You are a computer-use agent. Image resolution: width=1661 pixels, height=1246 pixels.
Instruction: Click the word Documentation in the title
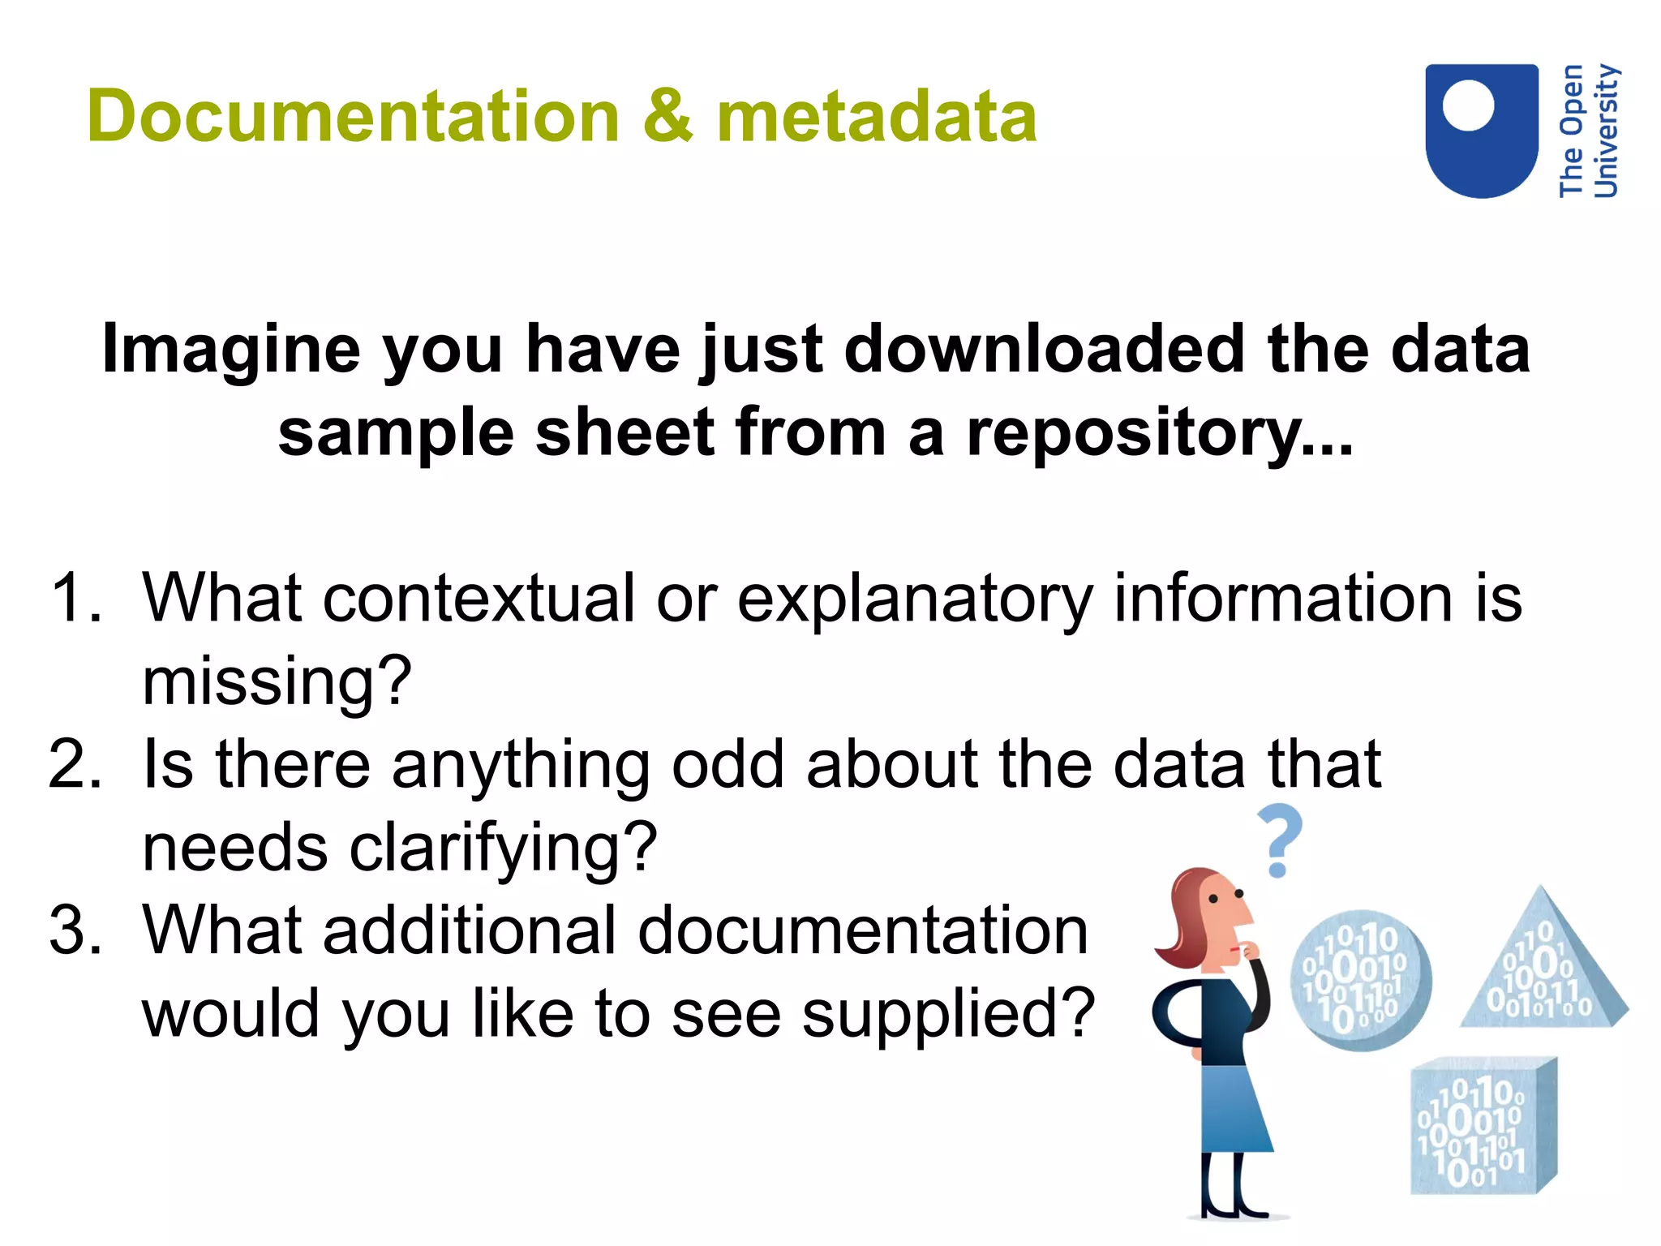pyautogui.click(x=354, y=117)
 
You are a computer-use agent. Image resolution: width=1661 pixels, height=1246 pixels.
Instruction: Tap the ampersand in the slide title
pyautogui.click(x=667, y=117)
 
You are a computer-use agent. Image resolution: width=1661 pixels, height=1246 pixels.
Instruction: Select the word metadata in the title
pyautogui.click(x=876, y=117)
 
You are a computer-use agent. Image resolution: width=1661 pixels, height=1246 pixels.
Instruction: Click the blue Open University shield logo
pyautogui.click(x=1481, y=131)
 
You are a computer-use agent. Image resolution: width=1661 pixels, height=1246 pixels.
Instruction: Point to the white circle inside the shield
pyautogui.click(x=1468, y=105)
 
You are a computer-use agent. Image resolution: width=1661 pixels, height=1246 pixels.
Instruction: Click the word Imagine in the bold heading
pyautogui.click(x=230, y=350)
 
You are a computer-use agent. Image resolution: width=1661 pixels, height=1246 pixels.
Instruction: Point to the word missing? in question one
pyautogui.click(x=277, y=683)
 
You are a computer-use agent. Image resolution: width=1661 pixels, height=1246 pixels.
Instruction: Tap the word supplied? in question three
pyautogui.click(x=948, y=1015)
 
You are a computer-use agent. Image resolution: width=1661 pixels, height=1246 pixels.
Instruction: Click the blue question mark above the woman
pyautogui.click(x=1279, y=840)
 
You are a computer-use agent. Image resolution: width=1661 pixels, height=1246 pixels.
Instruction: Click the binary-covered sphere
pyautogui.click(x=1360, y=980)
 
